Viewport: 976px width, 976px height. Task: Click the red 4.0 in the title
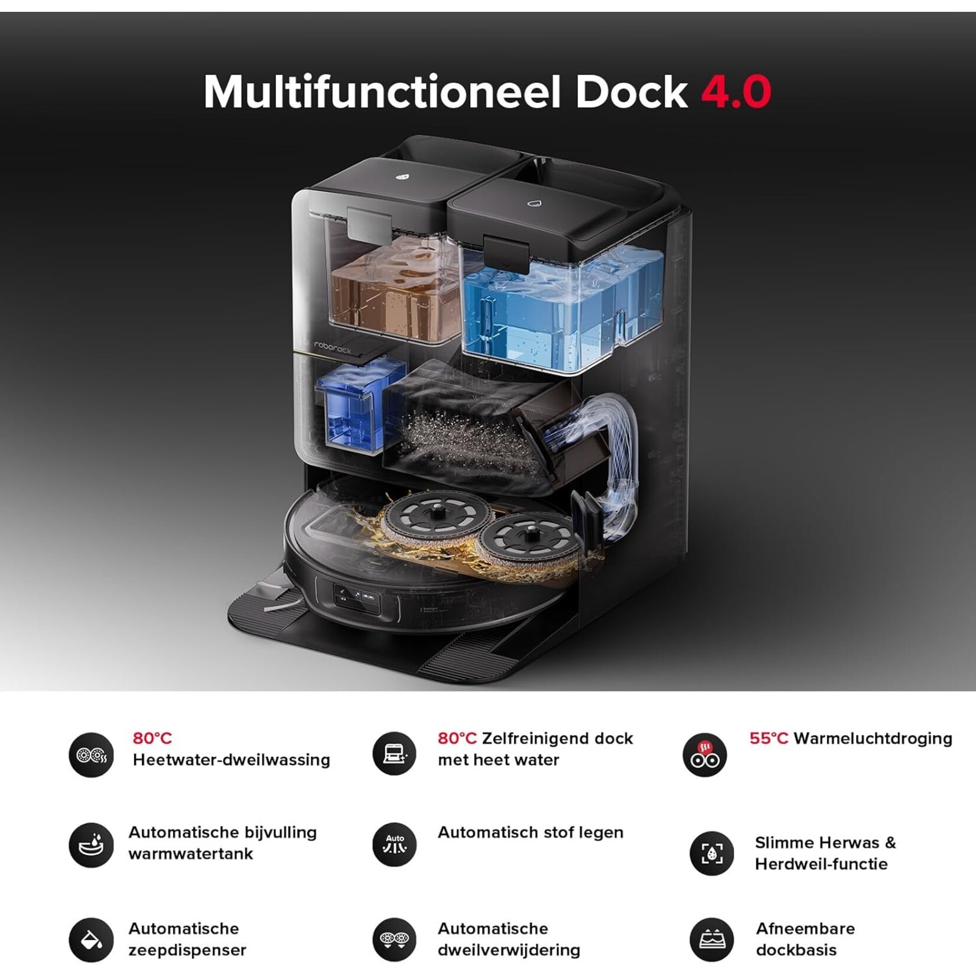coord(736,92)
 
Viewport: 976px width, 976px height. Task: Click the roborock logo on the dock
coord(333,347)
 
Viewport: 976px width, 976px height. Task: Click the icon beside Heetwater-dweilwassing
coord(91,755)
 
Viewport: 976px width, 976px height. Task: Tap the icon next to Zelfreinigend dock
coord(395,754)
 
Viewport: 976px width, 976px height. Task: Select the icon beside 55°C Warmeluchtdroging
coord(704,755)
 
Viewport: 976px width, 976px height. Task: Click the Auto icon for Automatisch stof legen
coord(395,845)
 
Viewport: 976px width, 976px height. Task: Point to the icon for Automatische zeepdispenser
coord(91,939)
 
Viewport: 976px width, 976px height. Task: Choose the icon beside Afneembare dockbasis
coord(711,939)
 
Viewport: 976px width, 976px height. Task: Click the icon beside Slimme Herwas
coord(711,853)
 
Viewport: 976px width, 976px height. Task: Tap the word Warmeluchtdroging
coord(873,738)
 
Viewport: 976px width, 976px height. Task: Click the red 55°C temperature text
coord(769,738)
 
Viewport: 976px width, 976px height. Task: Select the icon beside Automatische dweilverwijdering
coord(395,939)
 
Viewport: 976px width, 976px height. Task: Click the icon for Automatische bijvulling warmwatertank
coord(91,845)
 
